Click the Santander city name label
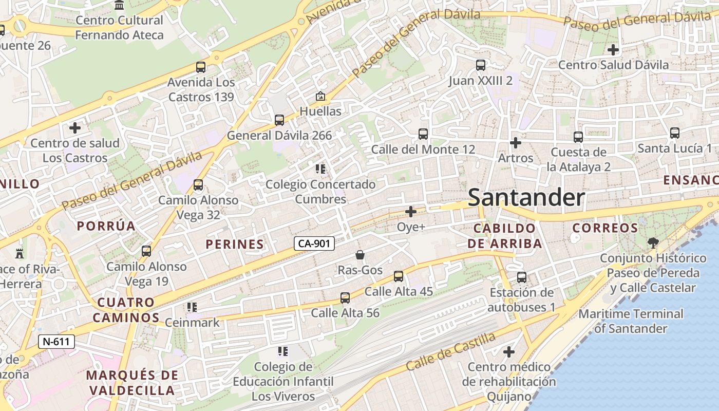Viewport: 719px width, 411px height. [x=526, y=197]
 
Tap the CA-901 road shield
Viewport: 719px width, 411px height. [x=314, y=244]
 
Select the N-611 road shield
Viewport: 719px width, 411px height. [x=56, y=341]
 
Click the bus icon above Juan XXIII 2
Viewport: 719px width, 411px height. [x=481, y=65]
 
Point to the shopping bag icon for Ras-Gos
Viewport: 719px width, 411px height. [x=360, y=255]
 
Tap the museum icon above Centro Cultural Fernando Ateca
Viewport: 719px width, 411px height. [x=120, y=5]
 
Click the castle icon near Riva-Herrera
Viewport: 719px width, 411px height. [x=20, y=253]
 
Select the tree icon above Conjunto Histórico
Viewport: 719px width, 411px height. [x=653, y=242]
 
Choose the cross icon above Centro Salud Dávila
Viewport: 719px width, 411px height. [x=613, y=50]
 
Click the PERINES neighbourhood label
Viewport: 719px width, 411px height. [x=235, y=244]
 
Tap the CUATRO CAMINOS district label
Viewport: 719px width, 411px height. [x=126, y=310]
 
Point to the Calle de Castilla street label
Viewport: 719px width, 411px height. [x=451, y=351]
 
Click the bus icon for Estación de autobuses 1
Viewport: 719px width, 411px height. [x=522, y=277]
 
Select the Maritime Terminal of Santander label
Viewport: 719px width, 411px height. [x=631, y=321]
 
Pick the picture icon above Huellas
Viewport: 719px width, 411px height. [x=320, y=96]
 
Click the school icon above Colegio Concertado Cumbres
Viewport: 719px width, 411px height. [x=320, y=169]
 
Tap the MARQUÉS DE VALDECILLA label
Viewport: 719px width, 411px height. [x=132, y=383]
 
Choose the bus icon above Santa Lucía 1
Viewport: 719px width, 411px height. [x=675, y=133]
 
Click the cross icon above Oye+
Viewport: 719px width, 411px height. [x=411, y=212]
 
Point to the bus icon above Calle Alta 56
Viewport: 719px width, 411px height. [x=345, y=297]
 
